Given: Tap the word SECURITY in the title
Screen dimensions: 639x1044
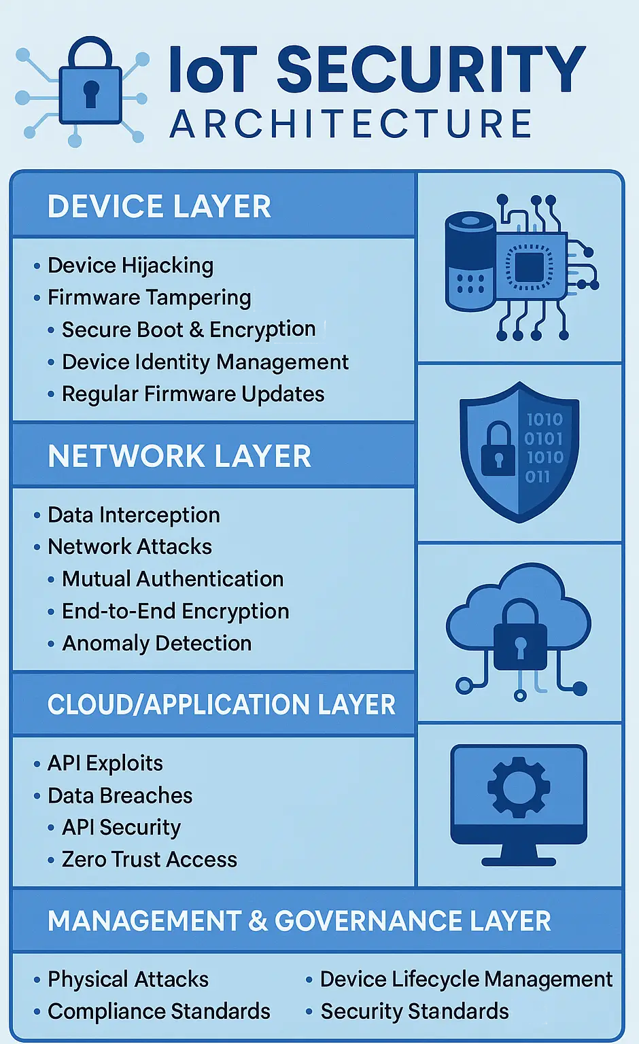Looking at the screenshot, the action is (431, 69).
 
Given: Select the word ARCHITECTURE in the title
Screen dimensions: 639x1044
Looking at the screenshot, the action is (351, 124).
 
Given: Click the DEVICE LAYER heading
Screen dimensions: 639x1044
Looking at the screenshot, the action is (159, 207).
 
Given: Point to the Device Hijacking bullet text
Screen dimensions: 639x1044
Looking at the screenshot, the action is (131, 266).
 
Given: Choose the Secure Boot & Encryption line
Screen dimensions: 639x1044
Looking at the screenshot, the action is (189, 330).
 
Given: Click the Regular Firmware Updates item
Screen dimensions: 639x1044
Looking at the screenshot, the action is (193, 394).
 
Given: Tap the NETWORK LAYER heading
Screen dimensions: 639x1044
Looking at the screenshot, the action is (179, 456).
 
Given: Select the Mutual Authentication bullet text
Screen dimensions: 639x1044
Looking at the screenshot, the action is (173, 579).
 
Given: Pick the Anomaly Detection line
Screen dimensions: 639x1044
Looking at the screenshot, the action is (156, 643).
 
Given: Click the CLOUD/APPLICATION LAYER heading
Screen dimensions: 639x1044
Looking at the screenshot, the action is (222, 704).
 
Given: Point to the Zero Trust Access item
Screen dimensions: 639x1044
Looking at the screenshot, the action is (149, 859).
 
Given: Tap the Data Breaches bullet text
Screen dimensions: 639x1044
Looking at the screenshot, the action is (120, 796).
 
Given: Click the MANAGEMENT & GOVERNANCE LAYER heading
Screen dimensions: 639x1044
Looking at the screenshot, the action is (299, 921).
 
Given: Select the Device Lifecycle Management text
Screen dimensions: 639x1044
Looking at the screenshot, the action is (466, 979).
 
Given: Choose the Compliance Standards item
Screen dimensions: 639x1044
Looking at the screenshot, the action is (159, 1011).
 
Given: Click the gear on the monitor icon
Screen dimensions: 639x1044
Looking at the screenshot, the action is (519, 787).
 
